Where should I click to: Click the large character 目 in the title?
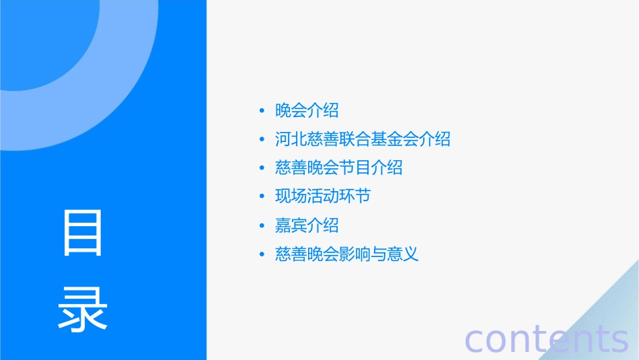pos(83,233)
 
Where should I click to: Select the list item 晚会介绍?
pos(307,110)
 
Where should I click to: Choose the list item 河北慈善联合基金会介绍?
pos(363,139)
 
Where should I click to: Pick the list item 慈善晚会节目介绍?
pos(339,168)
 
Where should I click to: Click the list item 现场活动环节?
pos(323,196)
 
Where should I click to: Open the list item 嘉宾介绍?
pos(307,225)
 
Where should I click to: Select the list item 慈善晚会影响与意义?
pos(347,254)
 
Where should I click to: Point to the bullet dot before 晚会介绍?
pos(262,111)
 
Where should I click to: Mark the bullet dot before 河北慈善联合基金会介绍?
pos(262,140)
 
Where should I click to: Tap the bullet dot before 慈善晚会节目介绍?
pos(262,168)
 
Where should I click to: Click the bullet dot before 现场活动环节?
pos(262,197)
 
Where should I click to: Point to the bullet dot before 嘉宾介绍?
pos(262,226)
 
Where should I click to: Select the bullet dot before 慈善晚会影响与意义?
pos(262,255)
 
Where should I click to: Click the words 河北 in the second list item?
pos(291,139)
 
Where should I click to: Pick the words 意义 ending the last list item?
pos(403,254)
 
